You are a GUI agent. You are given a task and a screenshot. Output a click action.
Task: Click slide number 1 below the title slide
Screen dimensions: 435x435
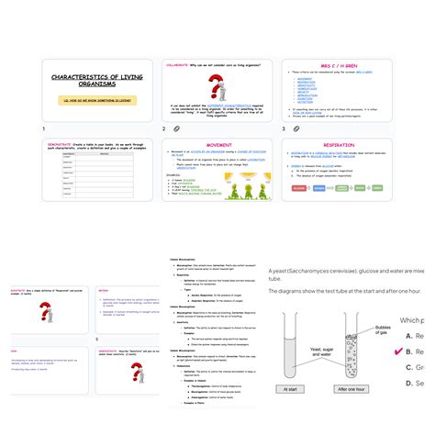coord(43,129)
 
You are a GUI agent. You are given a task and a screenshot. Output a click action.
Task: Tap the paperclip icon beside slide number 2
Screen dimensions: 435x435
coord(174,129)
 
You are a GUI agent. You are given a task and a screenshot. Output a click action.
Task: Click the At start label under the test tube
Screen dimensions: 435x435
coord(294,414)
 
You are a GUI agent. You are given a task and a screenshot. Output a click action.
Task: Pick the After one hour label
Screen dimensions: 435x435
coord(351,414)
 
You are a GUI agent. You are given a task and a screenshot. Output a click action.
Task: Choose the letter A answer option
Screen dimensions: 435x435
coord(408,336)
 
